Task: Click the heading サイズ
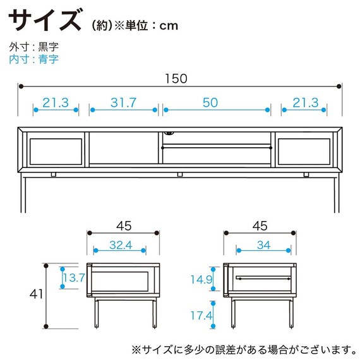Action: [x=45, y=20]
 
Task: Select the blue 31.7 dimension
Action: [x=124, y=103]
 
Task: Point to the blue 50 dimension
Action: [x=217, y=103]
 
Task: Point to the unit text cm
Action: [x=168, y=26]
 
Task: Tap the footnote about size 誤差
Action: [x=241, y=348]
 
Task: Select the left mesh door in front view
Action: [x=53, y=150]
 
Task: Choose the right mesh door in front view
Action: [x=307, y=150]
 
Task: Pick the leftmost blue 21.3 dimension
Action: [x=56, y=103]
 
